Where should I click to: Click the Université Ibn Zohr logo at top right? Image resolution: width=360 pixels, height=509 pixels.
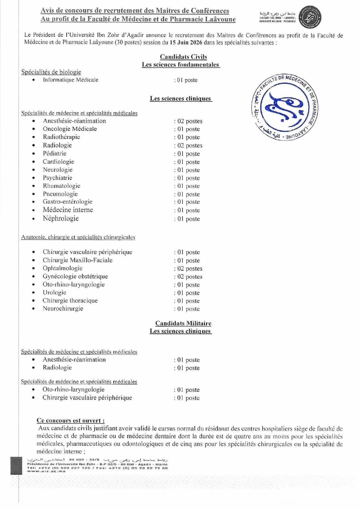pos(310,17)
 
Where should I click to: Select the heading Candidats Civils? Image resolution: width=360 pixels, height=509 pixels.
pos(183,57)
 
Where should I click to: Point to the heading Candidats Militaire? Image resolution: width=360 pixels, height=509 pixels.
pos(183,323)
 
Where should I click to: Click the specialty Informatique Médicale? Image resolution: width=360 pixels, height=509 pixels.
pos(70,80)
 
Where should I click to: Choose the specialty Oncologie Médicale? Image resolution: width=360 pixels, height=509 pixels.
pos(70,129)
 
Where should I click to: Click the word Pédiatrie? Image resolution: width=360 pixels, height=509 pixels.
pos(54,153)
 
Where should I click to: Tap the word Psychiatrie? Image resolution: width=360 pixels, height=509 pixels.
pos(57,178)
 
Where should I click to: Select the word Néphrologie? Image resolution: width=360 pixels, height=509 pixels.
pos(61,218)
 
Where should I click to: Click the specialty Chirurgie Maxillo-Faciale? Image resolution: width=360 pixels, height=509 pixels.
pos(77,260)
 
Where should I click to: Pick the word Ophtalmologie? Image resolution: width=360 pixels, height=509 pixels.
pos(62,268)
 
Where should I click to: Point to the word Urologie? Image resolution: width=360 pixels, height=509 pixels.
pos(54,292)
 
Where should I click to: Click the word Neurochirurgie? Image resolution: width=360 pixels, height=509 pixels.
pos(63,309)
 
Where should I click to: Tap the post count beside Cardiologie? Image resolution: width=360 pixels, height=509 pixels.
pos(187,162)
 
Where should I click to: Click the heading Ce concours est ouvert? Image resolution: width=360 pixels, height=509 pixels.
pos(70,421)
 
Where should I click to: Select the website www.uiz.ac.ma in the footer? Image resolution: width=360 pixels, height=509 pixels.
pos(46,471)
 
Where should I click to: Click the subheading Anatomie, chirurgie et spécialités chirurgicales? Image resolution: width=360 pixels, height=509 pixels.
pos(78,237)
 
